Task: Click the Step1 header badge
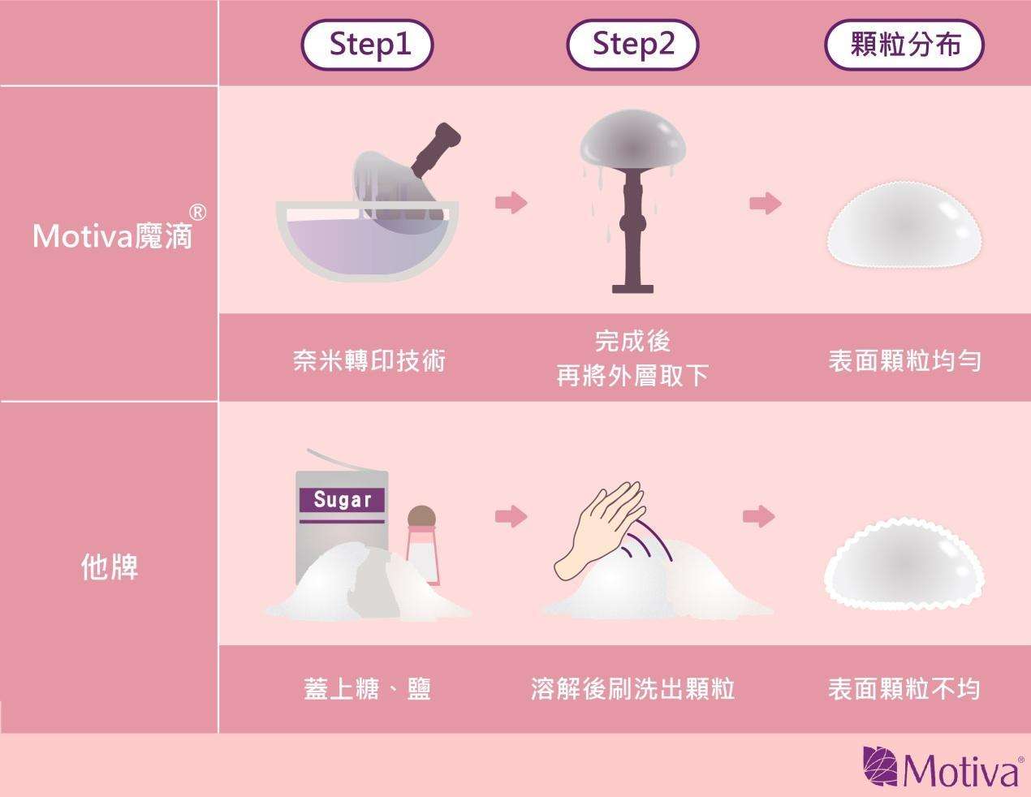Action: tap(367, 45)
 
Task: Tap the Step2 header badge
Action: tap(632, 45)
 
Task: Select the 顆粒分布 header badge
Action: tap(905, 45)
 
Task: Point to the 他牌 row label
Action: tap(110, 567)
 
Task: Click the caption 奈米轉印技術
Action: tap(369, 361)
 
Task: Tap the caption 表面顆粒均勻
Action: tap(905, 361)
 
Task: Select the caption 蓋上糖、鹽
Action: tap(367, 689)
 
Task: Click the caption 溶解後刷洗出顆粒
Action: tap(633, 689)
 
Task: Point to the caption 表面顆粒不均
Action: tap(904, 689)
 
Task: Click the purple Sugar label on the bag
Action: tap(342, 500)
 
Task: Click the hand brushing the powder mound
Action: tap(599, 531)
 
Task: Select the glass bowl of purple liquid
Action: tap(367, 242)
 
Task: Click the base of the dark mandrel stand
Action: tap(632, 289)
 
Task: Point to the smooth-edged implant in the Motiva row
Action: tap(905, 225)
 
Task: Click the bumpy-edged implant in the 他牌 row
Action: tap(904, 564)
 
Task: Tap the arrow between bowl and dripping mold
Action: tap(511, 204)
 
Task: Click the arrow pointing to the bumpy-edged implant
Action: tap(759, 516)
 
